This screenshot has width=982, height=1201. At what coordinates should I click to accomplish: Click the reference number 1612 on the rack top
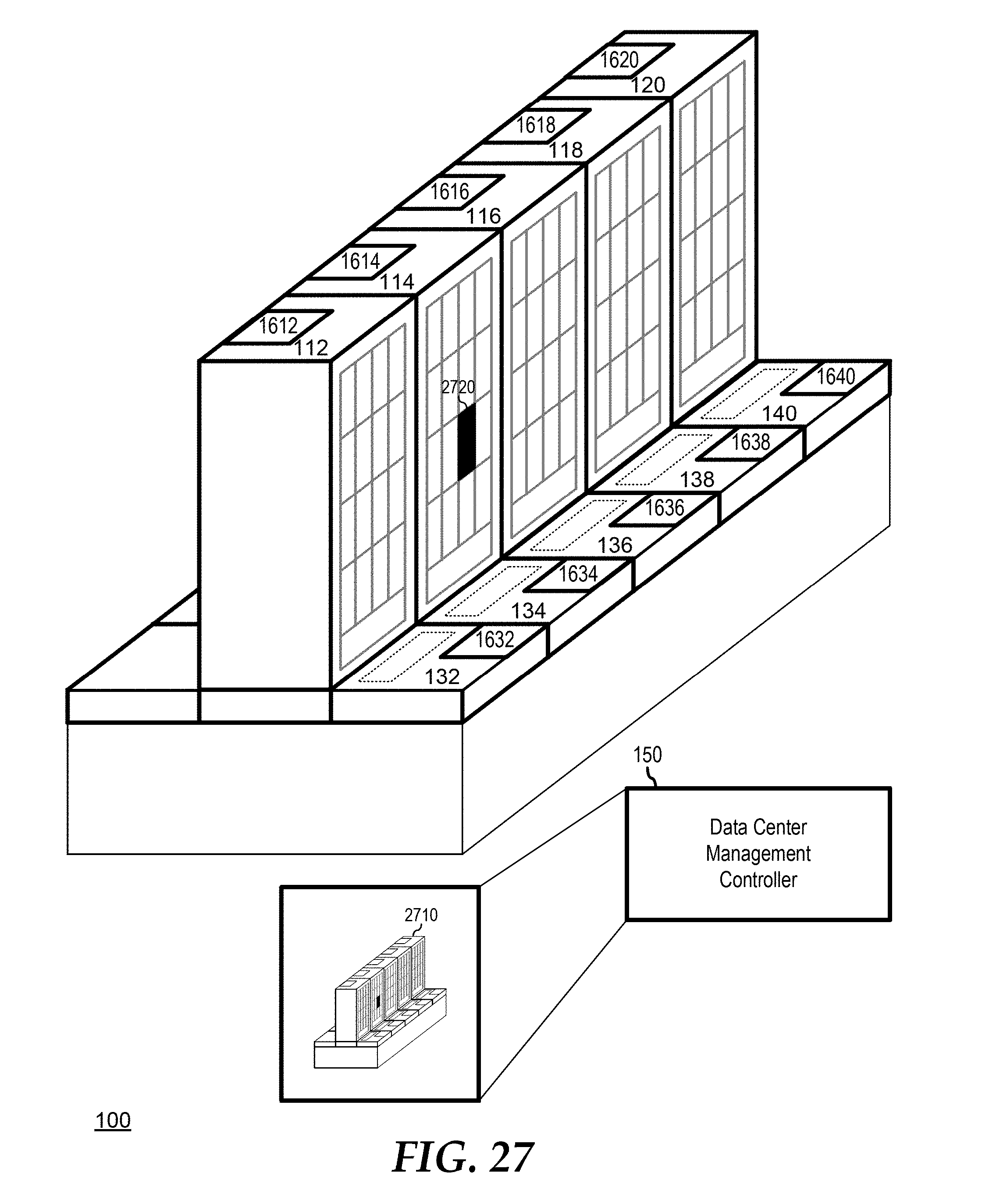pos(278,326)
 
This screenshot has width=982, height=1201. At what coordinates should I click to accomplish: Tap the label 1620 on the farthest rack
pos(619,60)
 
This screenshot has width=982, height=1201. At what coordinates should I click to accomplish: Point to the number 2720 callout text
pos(458,388)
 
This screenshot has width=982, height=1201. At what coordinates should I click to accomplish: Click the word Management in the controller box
pos(758,854)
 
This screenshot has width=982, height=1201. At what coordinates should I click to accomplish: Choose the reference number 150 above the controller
pos(647,755)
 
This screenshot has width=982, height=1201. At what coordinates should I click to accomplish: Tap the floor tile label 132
pos(442,677)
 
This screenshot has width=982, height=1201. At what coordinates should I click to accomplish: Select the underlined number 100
pos(113,1120)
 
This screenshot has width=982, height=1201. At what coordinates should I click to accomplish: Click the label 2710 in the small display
pos(421,915)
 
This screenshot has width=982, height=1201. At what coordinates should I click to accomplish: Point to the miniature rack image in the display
pos(380,1001)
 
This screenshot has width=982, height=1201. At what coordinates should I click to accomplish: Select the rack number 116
pos(483,216)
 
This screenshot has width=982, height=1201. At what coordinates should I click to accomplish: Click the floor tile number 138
pos(697,480)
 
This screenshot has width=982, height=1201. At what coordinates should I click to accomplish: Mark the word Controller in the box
pos(758,880)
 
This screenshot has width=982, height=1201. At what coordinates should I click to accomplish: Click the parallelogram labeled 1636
pos(665,508)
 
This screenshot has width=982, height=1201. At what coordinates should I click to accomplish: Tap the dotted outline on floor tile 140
pos(748,394)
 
